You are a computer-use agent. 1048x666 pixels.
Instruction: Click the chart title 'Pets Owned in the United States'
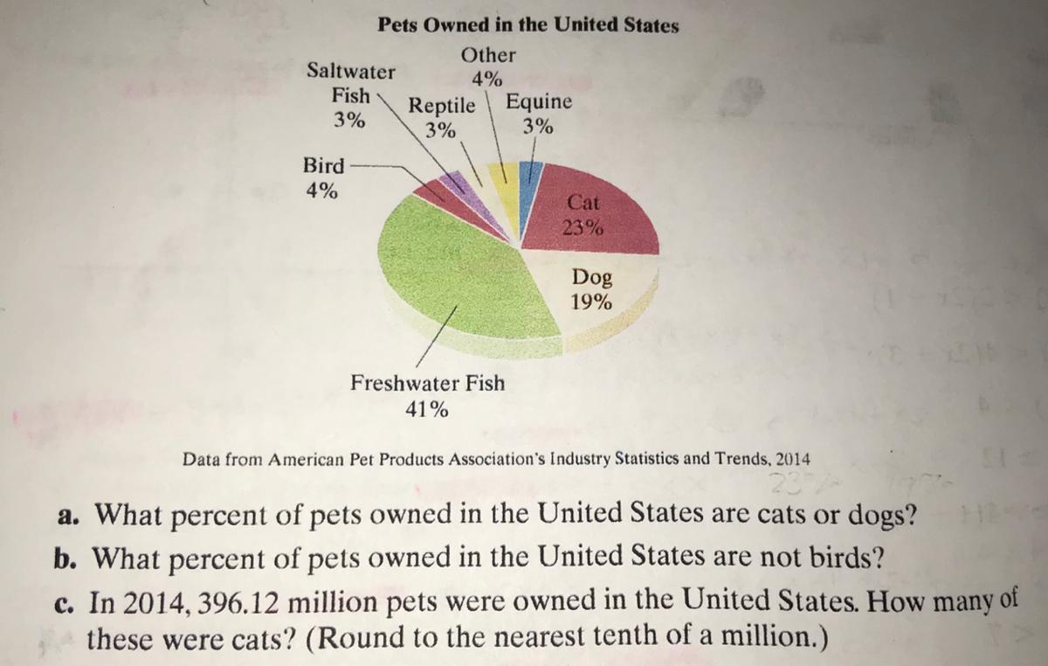[528, 25]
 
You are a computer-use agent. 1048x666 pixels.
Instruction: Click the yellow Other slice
[502, 179]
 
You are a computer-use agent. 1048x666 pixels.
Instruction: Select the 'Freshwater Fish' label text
[427, 383]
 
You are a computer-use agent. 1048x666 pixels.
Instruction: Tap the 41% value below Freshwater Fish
[427, 409]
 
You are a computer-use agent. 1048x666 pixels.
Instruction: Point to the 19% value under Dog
[591, 302]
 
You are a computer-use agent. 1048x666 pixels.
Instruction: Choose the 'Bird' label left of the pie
[323, 164]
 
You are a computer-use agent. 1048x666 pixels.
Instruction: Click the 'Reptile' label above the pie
[444, 107]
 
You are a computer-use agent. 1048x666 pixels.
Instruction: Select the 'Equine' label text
[540, 101]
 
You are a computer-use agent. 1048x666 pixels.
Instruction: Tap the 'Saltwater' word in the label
[350, 71]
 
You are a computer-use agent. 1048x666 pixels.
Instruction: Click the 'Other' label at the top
[488, 55]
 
